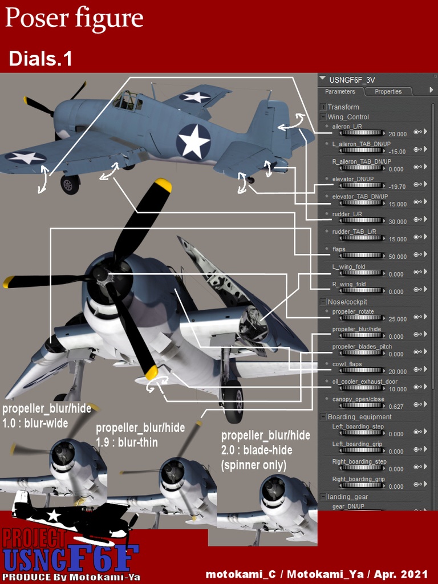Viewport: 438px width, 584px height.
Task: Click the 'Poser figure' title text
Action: click(74, 19)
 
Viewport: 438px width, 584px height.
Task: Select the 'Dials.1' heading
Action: click(40, 59)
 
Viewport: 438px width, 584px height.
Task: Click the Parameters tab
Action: click(340, 91)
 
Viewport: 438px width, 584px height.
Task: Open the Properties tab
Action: click(388, 91)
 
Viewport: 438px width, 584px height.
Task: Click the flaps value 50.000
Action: click(398, 257)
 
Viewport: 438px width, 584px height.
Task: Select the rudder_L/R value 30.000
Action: click(398, 221)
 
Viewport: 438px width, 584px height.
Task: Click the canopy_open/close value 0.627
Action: click(396, 407)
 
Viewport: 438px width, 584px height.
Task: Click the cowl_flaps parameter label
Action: click(347, 364)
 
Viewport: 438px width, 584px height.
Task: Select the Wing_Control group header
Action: click(348, 117)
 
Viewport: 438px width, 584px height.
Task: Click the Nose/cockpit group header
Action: click(347, 301)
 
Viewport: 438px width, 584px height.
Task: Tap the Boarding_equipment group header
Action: click(359, 417)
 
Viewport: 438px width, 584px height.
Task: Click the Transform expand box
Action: click(323, 107)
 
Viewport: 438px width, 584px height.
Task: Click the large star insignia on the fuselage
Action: click(193, 141)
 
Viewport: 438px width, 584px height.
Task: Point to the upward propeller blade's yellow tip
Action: click(163, 185)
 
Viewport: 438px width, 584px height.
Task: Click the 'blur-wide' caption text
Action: click(46, 424)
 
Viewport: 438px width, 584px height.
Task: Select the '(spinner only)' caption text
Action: click(254, 465)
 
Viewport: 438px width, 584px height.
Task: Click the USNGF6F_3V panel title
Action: click(352, 80)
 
